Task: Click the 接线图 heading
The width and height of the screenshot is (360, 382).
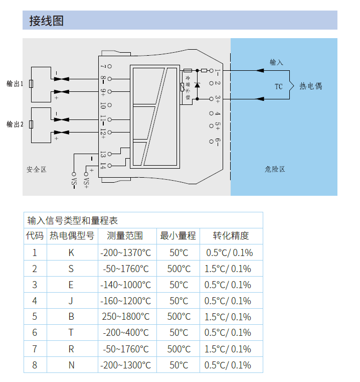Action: click(46, 21)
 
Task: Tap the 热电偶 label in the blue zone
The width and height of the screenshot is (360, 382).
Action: click(310, 86)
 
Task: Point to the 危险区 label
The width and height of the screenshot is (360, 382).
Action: click(275, 169)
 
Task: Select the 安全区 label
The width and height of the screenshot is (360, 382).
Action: click(37, 169)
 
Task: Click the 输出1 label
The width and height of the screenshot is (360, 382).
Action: click(15, 83)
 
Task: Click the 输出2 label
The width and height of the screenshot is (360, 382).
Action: click(15, 124)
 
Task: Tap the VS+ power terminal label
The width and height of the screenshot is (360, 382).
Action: click(86, 182)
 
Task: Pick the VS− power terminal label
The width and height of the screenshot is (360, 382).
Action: click(74, 182)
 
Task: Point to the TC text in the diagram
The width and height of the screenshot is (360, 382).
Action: click(279, 86)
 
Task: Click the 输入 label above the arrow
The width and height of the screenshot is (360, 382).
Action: click(276, 62)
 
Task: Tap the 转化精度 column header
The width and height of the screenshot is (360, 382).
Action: click(231, 236)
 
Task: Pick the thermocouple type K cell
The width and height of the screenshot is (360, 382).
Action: click(71, 252)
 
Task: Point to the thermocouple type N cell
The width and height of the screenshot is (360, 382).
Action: click(71, 365)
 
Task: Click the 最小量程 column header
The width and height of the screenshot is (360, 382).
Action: click(178, 236)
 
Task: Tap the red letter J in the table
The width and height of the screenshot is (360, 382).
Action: click(71, 301)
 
